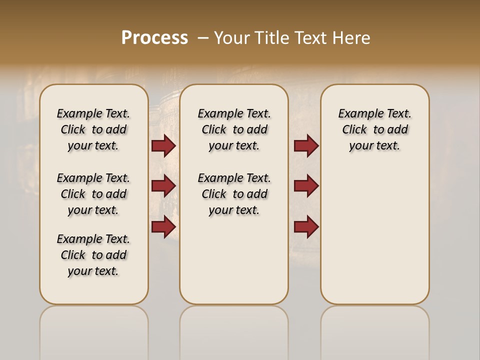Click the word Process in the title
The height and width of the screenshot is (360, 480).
(154, 37)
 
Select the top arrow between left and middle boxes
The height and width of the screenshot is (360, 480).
(163, 145)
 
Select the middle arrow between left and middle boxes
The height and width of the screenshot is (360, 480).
(163, 186)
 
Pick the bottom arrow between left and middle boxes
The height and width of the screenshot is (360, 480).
(163, 227)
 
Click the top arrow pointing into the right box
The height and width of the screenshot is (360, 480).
(306, 145)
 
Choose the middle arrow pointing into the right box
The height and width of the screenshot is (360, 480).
(306, 186)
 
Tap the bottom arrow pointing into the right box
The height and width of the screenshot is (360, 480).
(306, 227)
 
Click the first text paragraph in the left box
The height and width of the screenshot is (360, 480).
(93, 129)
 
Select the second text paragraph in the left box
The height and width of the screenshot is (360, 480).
(93, 194)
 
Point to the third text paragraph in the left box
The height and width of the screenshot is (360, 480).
(93, 255)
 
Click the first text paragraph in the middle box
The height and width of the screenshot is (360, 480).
(234, 129)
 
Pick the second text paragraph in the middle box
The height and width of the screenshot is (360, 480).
(234, 194)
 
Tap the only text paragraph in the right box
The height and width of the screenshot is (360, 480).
(374, 129)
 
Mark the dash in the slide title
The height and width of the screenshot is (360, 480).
(203, 38)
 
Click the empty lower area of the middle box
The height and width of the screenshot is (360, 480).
(234, 260)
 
